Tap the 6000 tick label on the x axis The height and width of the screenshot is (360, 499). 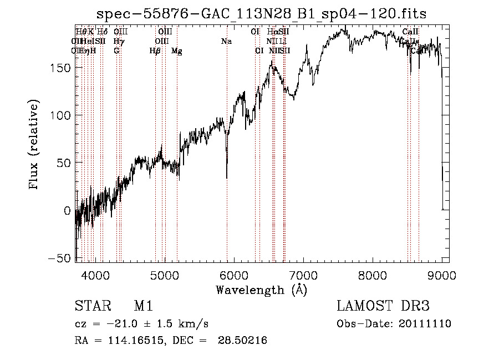[x=234, y=274]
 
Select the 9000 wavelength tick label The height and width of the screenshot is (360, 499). [x=442, y=274]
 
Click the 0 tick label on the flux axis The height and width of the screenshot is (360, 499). [x=67, y=211]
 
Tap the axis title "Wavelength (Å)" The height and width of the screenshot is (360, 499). [x=261, y=290]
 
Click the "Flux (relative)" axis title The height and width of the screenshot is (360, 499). [x=34, y=145]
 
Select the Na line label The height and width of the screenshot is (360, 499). [x=226, y=41]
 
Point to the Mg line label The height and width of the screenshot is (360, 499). [x=176, y=51]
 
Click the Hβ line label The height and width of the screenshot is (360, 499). [x=155, y=51]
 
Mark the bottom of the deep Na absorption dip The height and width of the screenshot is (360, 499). [x=227, y=178]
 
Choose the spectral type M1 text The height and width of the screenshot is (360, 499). [x=143, y=306]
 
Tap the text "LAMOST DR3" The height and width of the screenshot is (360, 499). [x=383, y=306]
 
